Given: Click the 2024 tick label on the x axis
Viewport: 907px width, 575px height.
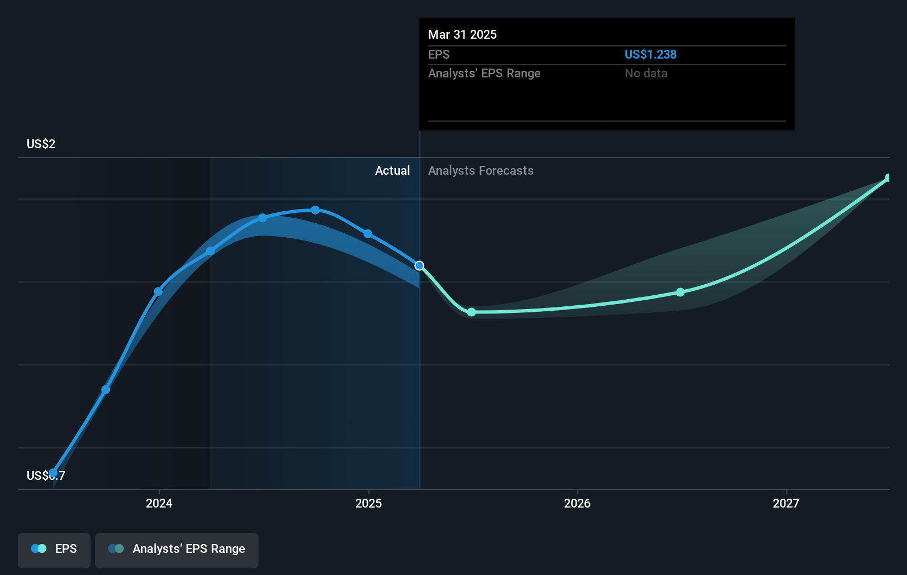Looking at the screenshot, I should [159, 503].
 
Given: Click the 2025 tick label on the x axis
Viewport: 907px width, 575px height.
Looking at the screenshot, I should [368, 503].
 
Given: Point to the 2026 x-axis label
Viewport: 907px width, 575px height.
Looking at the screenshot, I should [577, 503].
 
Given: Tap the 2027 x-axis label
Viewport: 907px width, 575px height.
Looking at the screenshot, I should [786, 503].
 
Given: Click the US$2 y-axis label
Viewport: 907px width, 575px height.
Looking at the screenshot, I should [41, 144].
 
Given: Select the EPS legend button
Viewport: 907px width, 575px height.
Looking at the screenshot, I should [54, 549].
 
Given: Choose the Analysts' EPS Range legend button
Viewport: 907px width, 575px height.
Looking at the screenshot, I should [177, 549].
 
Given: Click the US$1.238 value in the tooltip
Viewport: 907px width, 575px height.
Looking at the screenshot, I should [650, 55].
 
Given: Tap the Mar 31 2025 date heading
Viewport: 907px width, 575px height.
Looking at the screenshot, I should [462, 34].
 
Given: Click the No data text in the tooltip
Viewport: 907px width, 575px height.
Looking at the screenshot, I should [646, 74].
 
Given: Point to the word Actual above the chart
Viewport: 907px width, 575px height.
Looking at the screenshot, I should [392, 171].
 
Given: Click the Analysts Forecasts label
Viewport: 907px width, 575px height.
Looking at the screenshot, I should [481, 171].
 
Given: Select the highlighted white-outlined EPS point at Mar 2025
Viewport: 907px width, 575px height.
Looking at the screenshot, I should [420, 266].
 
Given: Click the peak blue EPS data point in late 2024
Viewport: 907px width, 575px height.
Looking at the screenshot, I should [315, 210].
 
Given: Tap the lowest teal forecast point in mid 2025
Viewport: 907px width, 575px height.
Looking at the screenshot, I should [471, 312].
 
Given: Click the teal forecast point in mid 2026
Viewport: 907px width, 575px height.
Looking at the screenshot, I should [681, 292].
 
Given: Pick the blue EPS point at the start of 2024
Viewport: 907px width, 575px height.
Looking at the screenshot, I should [159, 291].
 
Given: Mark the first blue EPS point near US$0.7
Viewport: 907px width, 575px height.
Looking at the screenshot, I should [53, 473].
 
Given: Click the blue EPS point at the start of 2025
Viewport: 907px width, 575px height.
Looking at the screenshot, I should [368, 234].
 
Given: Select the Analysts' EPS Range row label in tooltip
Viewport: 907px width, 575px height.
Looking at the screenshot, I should [484, 74].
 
